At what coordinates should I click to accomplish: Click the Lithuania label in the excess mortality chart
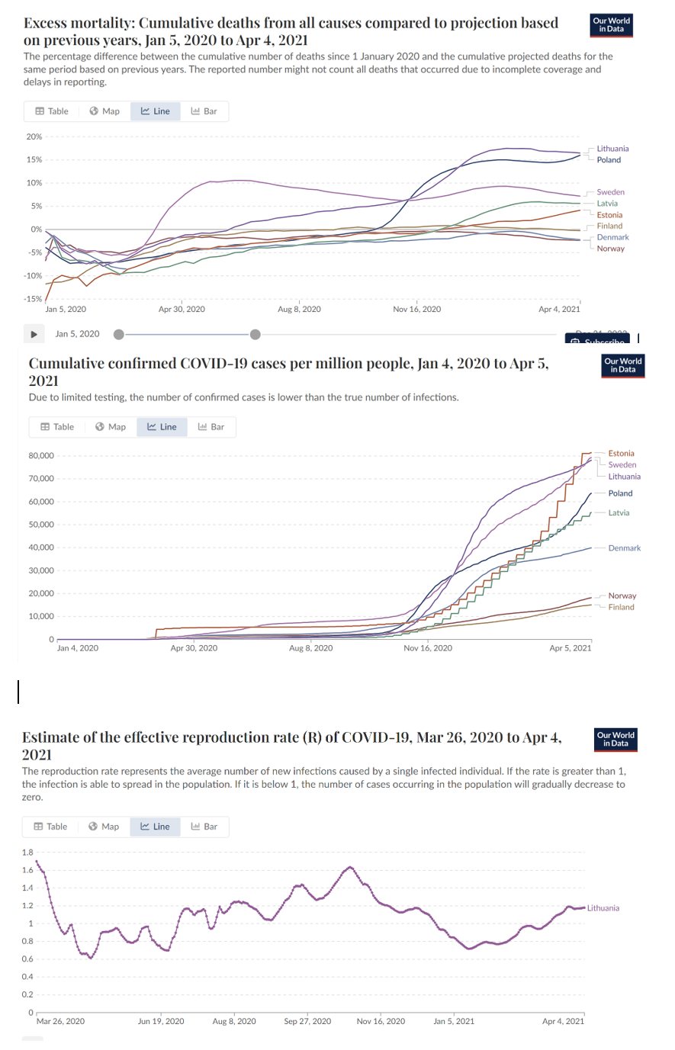pos(612,149)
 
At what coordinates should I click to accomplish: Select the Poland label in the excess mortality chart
pos(609,160)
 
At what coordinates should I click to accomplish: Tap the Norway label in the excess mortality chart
pos(610,249)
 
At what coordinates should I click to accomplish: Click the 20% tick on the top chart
pos(34,137)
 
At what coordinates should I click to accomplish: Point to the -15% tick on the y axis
pos(33,299)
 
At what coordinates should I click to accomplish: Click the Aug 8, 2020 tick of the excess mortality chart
pos(299,310)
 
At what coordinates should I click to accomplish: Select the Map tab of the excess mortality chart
pos(104,111)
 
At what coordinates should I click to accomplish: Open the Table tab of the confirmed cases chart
pos(57,427)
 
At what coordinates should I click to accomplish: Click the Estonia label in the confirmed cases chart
pos(621,454)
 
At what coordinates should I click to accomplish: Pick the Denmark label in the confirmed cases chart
pos(624,548)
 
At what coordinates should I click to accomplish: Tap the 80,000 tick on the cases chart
pos(41,456)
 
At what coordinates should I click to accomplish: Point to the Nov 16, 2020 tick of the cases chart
pos(427,648)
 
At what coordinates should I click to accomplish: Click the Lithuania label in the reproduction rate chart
pos(603,908)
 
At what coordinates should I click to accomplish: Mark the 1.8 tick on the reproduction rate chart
pos(27,853)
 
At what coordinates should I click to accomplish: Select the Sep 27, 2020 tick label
pos(307,1022)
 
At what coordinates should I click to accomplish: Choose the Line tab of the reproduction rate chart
pos(155,827)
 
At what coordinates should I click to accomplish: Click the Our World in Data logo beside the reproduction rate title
pos(616,740)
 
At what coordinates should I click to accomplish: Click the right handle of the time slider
pos(255,334)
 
